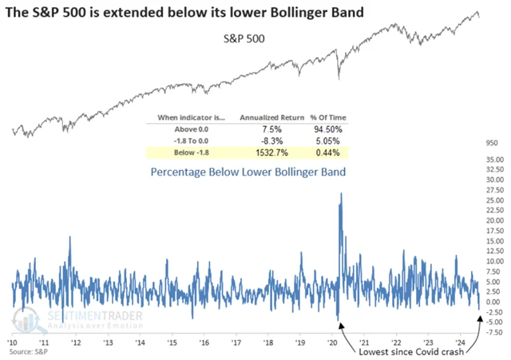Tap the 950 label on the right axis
coord(489,143)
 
